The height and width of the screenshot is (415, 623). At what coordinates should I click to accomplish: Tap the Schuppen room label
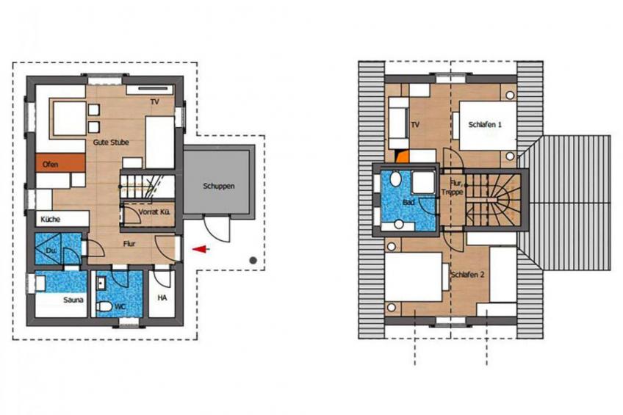click(x=218, y=187)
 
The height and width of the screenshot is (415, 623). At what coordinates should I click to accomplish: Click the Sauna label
click(x=52, y=300)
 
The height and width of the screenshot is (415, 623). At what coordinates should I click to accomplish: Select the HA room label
click(x=162, y=299)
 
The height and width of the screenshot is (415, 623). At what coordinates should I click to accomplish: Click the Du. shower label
click(x=50, y=250)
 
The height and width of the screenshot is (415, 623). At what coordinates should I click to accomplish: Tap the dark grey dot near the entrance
click(x=252, y=259)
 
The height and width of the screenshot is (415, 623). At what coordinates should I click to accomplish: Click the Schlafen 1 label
click(x=485, y=125)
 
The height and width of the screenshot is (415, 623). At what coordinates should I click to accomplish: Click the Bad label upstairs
click(x=408, y=201)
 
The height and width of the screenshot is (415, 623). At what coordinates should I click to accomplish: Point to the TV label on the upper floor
click(x=416, y=125)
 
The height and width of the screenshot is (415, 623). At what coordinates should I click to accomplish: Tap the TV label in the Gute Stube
click(x=154, y=101)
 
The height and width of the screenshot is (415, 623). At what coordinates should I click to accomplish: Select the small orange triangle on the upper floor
click(x=400, y=155)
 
